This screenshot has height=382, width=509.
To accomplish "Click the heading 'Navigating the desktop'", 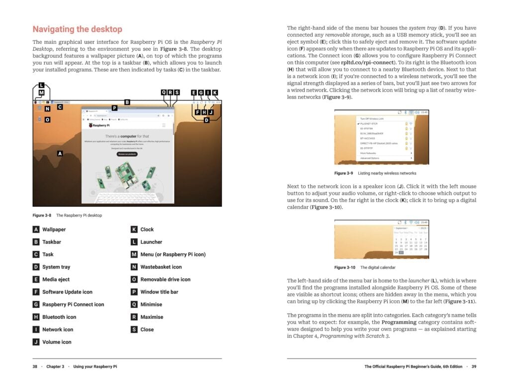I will coord(77,29).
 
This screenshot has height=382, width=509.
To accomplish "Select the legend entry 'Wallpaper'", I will coord(54,229).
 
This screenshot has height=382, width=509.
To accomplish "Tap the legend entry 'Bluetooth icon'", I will coord(59,317).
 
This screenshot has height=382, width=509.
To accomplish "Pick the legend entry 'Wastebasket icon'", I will coord(161,267).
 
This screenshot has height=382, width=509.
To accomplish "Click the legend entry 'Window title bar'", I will coord(159,292).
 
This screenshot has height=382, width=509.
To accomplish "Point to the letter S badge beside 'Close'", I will coord(134,329).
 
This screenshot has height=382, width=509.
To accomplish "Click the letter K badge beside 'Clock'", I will coord(134,229).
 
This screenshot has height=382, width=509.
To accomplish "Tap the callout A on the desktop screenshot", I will coord(60,154).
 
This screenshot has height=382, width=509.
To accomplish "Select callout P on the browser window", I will coord(114,107).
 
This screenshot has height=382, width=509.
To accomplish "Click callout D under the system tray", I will coord(206,120).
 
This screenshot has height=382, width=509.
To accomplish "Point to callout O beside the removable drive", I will coord(47,120).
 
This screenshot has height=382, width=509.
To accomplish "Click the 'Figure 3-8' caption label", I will coord(42,215).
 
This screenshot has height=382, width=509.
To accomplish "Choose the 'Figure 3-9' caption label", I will coord(343,173).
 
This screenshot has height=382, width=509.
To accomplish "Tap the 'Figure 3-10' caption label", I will coord(344,267).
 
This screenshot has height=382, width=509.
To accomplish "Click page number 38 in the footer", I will coord(35,367).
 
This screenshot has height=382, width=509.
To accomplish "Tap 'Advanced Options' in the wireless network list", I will coord(370,158).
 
